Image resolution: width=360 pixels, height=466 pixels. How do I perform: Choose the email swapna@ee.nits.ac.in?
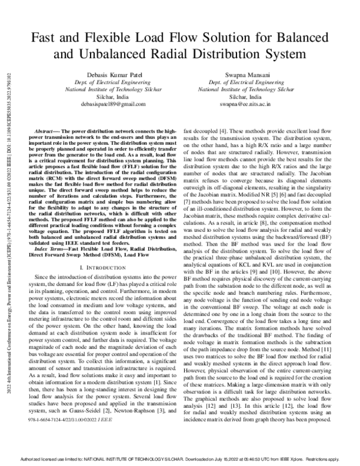coord(245,104)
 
